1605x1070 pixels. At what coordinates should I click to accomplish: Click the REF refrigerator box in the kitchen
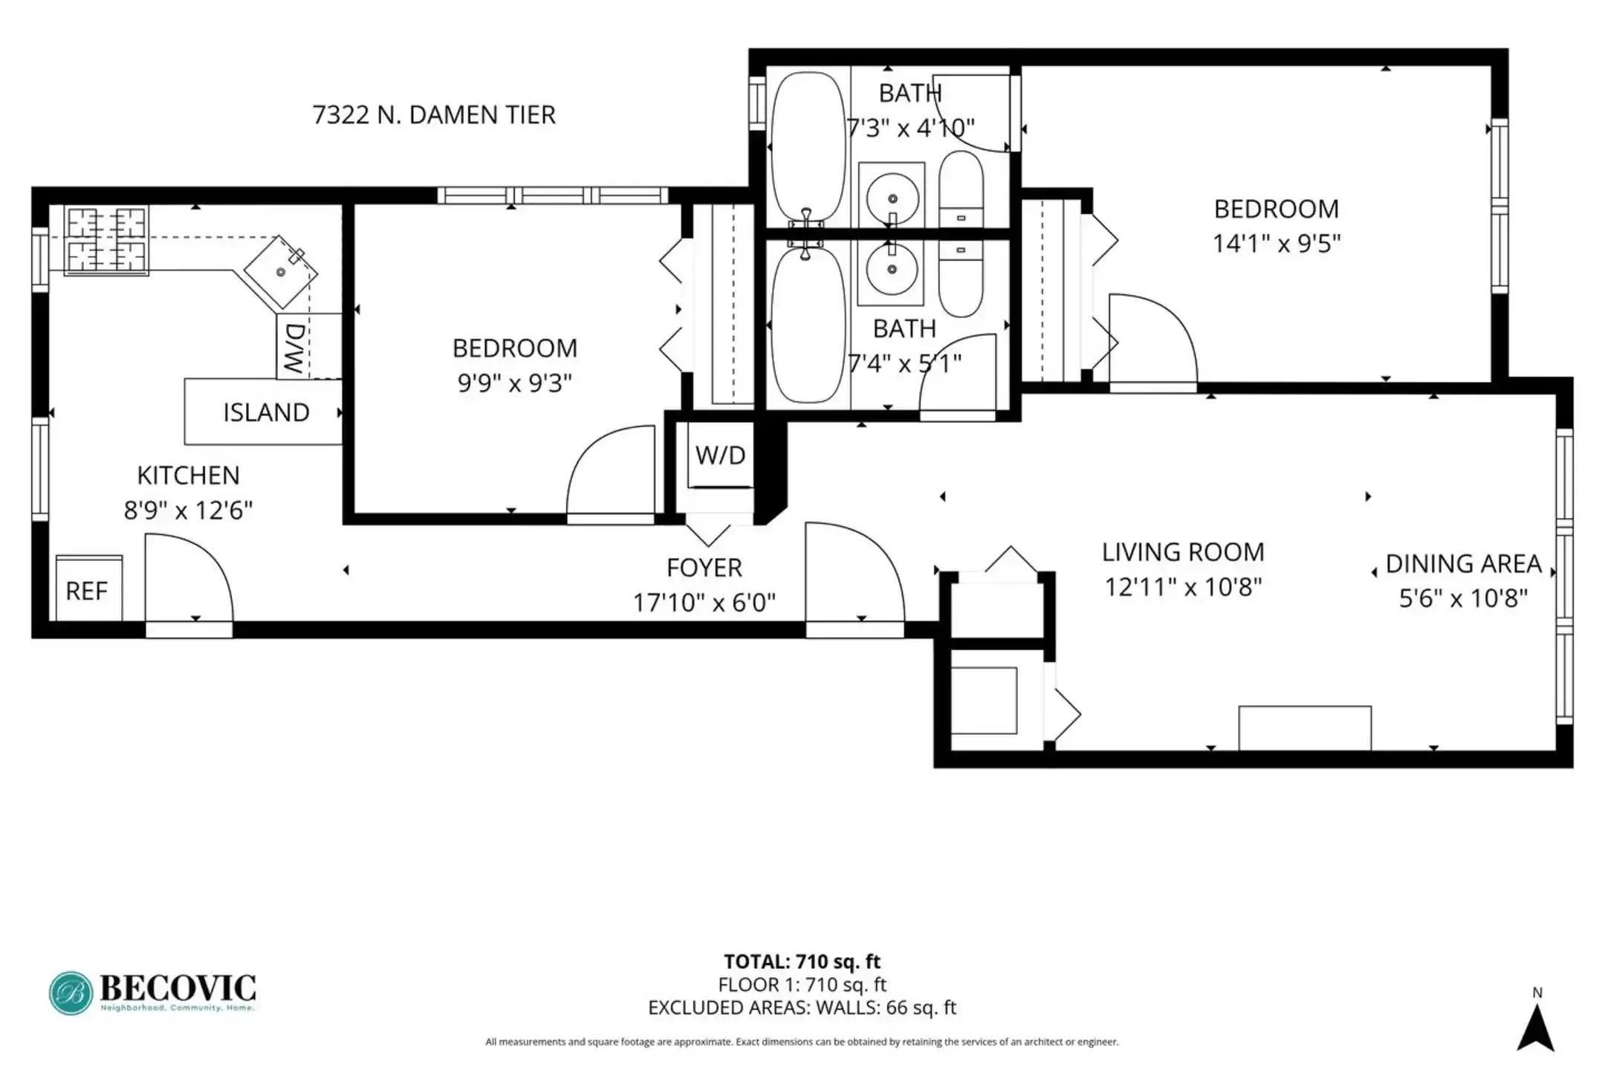[x=89, y=588]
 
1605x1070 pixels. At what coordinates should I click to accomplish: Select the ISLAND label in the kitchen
[x=266, y=412]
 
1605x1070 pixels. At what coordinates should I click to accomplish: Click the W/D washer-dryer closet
[x=720, y=455]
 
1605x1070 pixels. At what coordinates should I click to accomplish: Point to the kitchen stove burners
[x=106, y=240]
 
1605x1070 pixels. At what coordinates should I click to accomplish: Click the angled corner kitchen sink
[x=281, y=272]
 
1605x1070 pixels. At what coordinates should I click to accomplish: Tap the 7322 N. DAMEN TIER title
[x=434, y=114]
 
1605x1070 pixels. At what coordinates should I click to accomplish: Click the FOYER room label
[x=704, y=568]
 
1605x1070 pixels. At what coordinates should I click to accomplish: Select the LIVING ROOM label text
[x=1183, y=552]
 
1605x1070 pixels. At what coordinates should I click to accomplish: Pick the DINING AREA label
[x=1463, y=564]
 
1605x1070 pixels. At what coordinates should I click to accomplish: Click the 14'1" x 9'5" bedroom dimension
[x=1277, y=243]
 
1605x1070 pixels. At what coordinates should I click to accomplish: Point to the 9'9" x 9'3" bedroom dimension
[x=514, y=383]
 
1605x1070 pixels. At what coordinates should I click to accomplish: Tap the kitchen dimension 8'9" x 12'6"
[x=188, y=510]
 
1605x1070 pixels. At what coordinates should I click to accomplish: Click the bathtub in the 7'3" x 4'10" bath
[x=808, y=146]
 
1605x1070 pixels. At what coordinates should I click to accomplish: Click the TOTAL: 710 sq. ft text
[x=802, y=962]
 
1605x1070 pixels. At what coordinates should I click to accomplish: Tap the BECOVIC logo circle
[x=71, y=993]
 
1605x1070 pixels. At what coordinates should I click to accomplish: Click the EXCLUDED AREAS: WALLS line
[x=802, y=1008]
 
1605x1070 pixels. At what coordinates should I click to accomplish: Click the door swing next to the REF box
[x=189, y=577]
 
